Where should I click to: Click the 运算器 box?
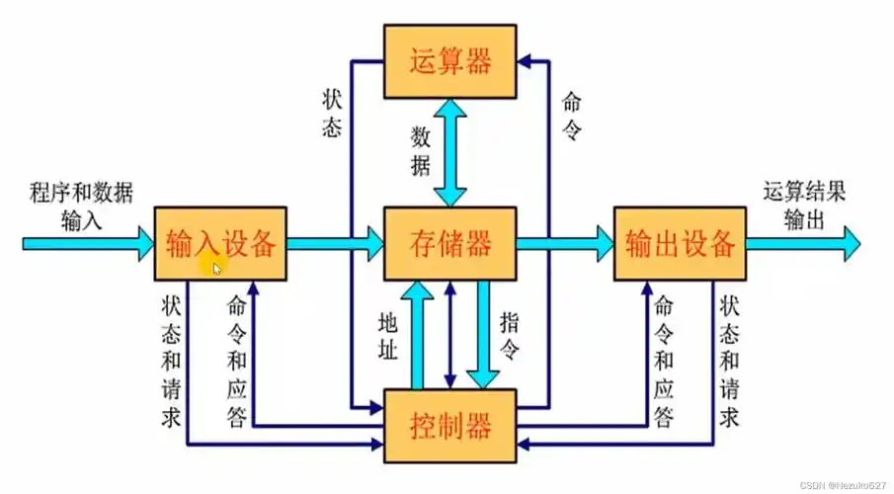(450, 62)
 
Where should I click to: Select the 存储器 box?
(450, 241)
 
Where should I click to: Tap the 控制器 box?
(450, 427)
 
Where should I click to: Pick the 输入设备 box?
(220, 242)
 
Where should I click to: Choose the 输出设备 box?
(680, 242)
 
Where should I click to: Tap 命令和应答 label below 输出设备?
(664, 362)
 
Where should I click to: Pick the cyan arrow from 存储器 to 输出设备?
(563, 242)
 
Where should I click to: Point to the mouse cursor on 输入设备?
(217, 267)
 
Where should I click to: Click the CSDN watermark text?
(843, 485)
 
